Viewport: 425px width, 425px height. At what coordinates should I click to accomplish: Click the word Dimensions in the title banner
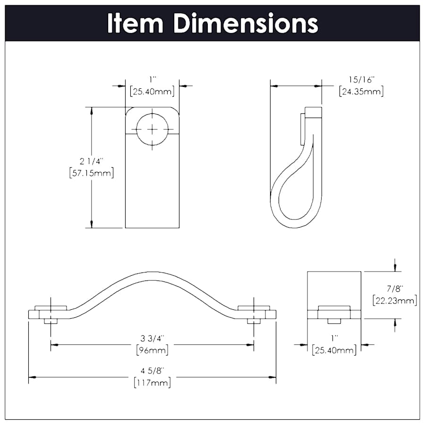coord(246,23)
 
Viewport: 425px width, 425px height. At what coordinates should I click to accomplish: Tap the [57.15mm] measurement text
coord(91,173)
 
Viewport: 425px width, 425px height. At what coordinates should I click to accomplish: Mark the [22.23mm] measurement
coord(394,300)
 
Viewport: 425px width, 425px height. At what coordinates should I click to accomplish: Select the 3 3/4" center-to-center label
coord(152,339)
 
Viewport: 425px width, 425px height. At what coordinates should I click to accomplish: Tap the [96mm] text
coord(152,350)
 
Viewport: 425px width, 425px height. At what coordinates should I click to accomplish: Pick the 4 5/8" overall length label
coord(152,371)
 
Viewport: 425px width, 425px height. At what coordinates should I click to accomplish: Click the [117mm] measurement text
coord(152,382)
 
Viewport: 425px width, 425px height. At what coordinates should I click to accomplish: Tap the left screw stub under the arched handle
coord(51,322)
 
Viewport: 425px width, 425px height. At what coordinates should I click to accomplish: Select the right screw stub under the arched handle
coord(254,322)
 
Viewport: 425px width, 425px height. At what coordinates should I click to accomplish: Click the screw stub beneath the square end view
coord(334,322)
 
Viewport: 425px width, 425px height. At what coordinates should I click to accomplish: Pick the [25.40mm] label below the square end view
coord(334,350)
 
